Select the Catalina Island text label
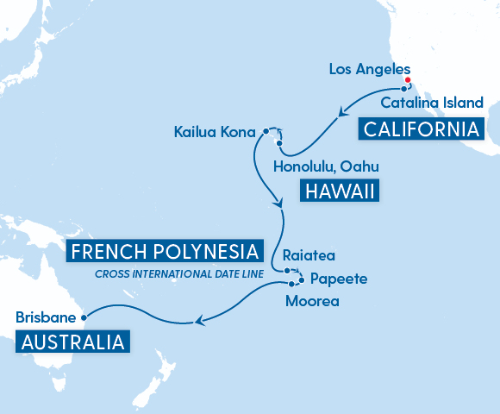(x=433, y=103)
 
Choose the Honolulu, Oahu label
(x=325, y=166)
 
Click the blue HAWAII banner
(x=339, y=191)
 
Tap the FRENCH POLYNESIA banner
(x=164, y=253)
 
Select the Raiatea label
(x=309, y=256)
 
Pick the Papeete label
(x=339, y=279)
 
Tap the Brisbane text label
(x=45, y=317)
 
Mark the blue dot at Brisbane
(x=84, y=317)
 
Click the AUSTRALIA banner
(x=73, y=342)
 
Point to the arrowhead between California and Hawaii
(x=342, y=111)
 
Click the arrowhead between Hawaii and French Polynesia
(x=278, y=204)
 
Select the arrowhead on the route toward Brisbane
(x=199, y=322)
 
